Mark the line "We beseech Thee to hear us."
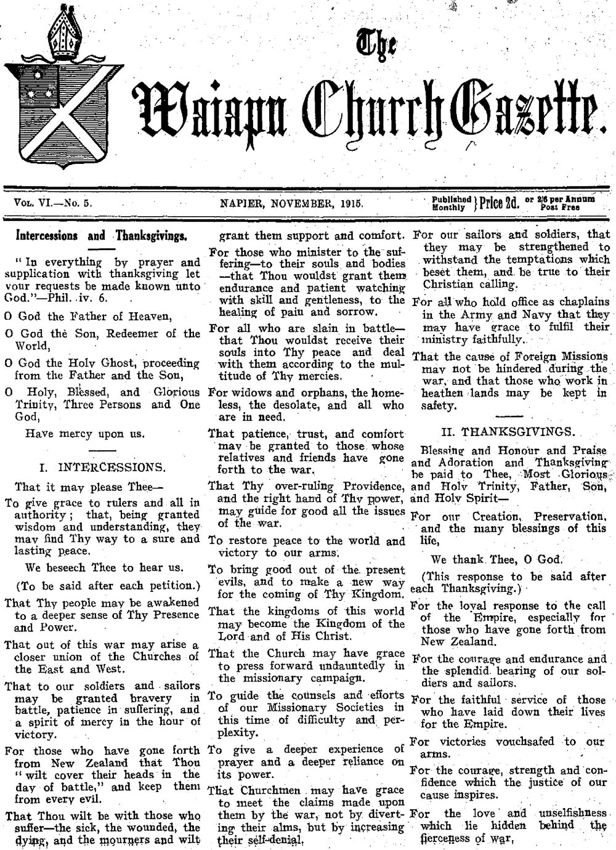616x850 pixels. click(x=105, y=567)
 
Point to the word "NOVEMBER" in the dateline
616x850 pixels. click(x=302, y=201)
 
